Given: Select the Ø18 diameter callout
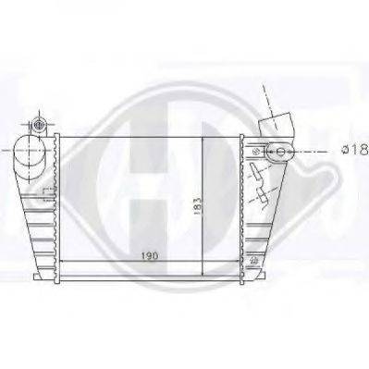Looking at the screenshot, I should coord(354,151).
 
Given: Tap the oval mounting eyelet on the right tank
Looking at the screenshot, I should coord(277,151).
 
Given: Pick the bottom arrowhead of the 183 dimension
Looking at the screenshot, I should coord(203,264).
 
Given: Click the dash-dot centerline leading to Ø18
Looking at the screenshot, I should coord(314,151).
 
